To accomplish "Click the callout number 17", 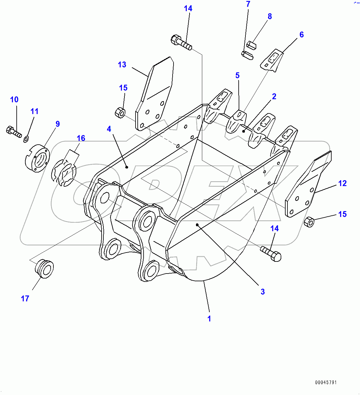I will tap(25, 299).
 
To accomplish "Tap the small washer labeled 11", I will tap(26, 139).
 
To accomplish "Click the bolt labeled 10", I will tap(13, 132).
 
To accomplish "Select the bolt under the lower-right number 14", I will tap(271, 253).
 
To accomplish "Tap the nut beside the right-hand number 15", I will tap(309, 222).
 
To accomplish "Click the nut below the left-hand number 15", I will tap(120, 113).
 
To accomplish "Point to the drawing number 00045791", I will tap(326, 383).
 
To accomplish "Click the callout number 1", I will tap(209, 319).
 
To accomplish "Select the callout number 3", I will tap(262, 292).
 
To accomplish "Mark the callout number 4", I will tap(109, 129).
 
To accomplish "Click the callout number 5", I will tap(237, 75).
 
